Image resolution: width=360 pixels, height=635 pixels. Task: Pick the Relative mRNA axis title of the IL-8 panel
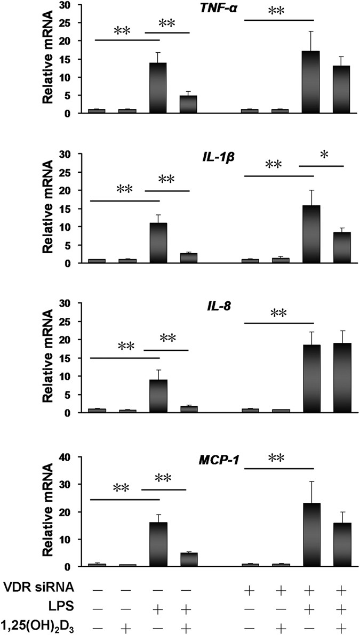click(54, 355)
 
